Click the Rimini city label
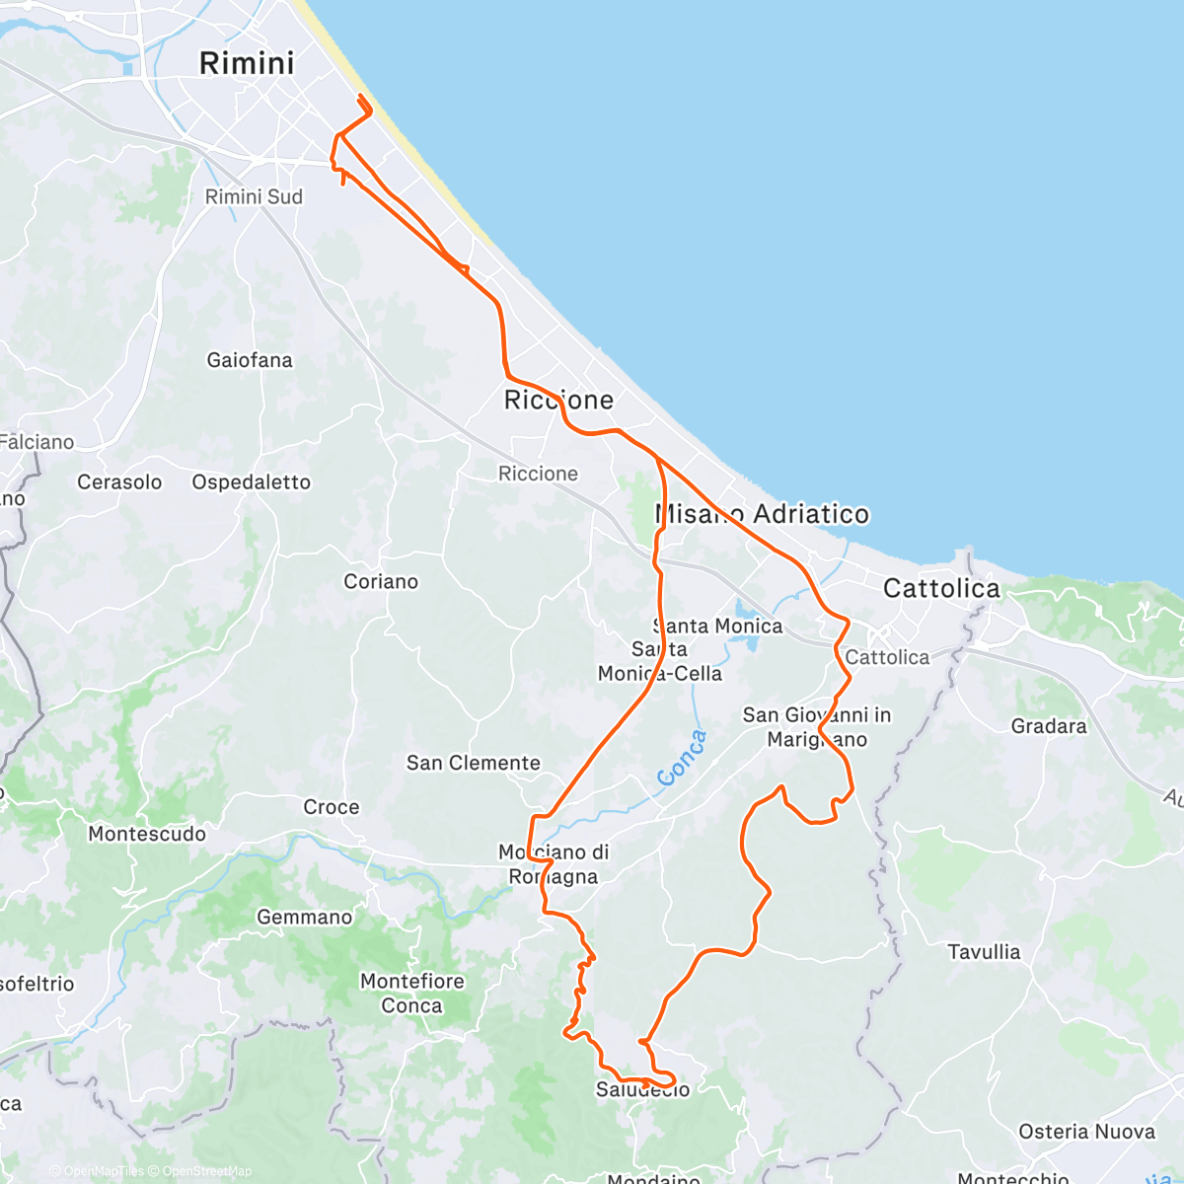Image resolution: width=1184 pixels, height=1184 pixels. (247, 63)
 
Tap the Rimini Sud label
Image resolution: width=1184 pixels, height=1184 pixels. (254, 196)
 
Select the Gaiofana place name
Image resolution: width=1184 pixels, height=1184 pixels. (250, 360)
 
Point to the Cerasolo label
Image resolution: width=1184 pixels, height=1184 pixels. (119, 481)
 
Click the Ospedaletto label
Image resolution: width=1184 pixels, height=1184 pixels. (252, 481)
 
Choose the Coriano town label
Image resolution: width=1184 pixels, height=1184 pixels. (381, 581)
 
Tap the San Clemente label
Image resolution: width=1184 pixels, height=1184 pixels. (474, 763)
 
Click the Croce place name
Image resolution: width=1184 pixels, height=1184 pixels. (332, 807)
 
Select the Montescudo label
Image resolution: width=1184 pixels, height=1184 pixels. (147, 834)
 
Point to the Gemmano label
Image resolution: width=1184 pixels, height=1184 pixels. (304, 918)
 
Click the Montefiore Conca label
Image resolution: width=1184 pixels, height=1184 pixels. (411, 994)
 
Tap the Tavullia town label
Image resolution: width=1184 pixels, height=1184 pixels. (984, 952)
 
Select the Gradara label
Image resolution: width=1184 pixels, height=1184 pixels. (1049, 726)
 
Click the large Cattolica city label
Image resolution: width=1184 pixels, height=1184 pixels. (941, 589)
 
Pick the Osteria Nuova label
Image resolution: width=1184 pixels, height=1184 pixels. (1086, 1132)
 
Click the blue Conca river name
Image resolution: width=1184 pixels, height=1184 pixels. (682, 758)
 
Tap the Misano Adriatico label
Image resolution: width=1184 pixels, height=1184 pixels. (763, 514)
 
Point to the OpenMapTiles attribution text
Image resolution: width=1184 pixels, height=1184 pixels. (103, 1171)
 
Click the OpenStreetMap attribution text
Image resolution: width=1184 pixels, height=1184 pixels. (207, 1171)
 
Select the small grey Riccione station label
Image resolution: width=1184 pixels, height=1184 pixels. (538, 474)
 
